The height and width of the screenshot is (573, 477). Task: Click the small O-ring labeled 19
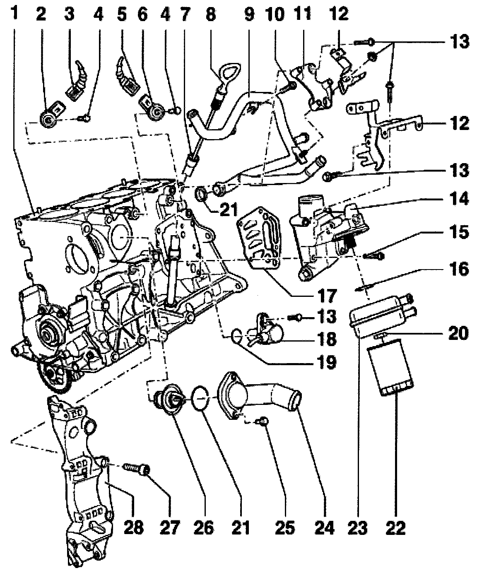tap(236, 334)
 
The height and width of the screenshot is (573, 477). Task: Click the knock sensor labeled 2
tap(48, 118)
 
